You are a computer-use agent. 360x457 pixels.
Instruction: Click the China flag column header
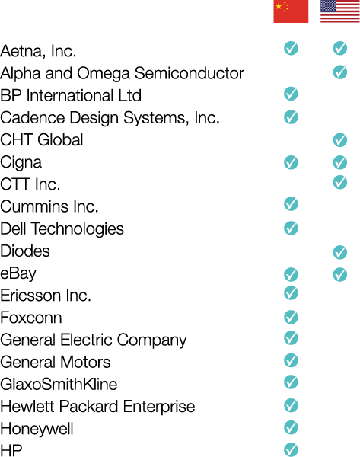point(291,11)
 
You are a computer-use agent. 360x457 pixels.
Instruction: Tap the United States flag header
point(340,11)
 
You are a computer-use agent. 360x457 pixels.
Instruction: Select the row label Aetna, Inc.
point(38,51)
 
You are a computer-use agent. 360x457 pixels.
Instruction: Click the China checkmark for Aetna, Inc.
point(291,48)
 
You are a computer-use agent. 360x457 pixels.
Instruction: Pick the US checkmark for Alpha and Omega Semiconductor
point(340,72)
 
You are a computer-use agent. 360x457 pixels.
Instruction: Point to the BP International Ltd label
point(71,95)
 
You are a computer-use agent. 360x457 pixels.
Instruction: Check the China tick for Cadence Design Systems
point(291,117)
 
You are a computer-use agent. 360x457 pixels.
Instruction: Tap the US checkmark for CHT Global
point(340,140)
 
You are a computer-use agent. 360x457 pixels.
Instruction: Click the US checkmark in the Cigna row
point(340,162)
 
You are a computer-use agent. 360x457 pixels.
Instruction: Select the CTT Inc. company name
point(30,184)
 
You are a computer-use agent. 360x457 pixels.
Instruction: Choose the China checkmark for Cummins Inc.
point(291,203)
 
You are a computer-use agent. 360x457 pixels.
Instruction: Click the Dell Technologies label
point(62,229)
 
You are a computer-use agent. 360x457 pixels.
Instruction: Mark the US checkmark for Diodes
point(340,252)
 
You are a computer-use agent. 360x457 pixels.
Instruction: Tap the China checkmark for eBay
point(291,274)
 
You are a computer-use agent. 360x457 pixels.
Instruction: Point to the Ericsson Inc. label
point(46,296)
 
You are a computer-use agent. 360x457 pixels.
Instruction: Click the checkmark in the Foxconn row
point(291,317)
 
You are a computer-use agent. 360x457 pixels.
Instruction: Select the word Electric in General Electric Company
point(87,340)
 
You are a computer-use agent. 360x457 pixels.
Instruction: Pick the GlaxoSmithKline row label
point(59,384)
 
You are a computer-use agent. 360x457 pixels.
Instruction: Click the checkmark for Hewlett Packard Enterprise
point(291,405)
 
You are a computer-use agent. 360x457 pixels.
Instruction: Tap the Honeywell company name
point(37,429)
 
